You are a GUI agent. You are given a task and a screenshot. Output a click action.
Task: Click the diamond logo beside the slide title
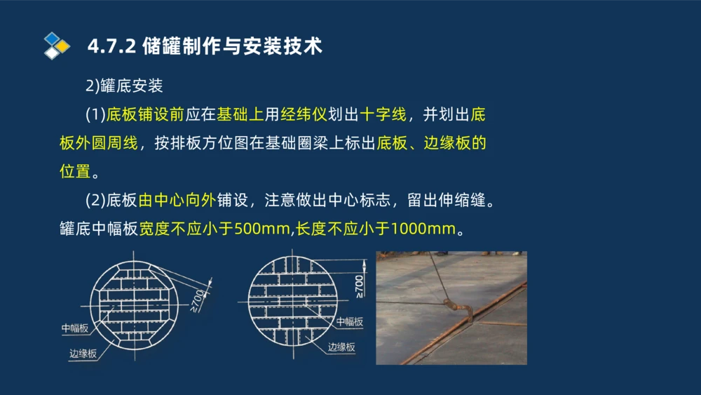57,46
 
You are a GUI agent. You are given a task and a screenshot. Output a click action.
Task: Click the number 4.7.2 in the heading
111,46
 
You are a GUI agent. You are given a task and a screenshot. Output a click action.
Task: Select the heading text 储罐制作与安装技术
232,46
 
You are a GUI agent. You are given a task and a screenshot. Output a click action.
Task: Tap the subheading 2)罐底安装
124,86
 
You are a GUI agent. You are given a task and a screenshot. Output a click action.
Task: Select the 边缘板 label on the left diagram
83,354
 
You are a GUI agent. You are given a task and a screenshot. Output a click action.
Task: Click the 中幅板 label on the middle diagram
349,321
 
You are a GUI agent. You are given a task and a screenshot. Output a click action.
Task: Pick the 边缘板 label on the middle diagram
341,347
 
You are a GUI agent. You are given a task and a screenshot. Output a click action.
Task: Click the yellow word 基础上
240,115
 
